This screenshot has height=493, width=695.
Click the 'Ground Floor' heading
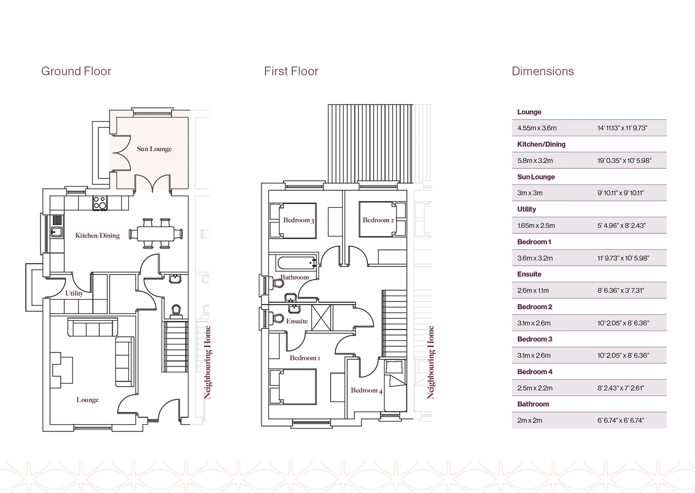coord(76,71)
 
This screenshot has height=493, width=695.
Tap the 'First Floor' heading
coord(291,71)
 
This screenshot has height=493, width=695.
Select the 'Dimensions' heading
coord(543,71)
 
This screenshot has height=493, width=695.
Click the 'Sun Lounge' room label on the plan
coord(154,149)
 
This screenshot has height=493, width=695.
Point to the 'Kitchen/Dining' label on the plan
coord(98,236)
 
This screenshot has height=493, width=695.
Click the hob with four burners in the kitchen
coord(100,203)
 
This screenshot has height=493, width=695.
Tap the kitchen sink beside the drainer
coord(57,232)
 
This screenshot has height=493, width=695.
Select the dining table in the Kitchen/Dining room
coord(156,233)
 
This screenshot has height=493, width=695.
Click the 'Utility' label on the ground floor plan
coord(74,294)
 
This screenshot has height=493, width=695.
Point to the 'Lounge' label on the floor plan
coord(88,400)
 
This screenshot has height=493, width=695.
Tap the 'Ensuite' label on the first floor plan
coord(297,321)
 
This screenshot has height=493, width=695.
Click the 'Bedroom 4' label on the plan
coord(367,391)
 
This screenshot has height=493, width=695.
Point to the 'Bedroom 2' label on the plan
coord(378,220)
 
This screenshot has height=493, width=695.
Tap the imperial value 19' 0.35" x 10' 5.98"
coord(624,161)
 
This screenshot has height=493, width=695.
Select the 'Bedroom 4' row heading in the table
coord(535,372)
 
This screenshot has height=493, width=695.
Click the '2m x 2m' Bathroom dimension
coord(530,420)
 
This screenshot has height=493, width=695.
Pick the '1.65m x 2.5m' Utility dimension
coord(536,225)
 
